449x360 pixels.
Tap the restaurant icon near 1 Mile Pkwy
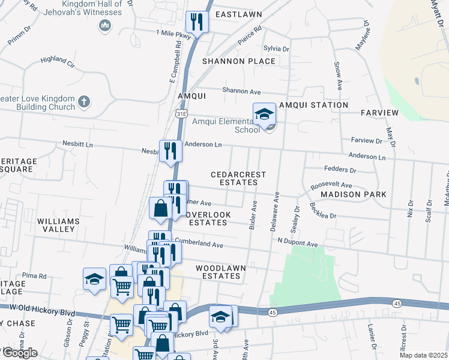coord(196,23)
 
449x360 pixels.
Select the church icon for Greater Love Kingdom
coord(84,102)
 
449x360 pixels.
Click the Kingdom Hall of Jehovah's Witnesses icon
coord(106,25)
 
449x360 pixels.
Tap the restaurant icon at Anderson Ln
coord(170,150)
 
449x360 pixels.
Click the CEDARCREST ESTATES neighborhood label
coord(238,178)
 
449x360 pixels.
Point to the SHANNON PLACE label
coord(239,61)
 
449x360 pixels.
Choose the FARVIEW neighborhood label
coord(379,113)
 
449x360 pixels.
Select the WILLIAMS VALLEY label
coord(58,226)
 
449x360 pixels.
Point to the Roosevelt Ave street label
coord(331,186)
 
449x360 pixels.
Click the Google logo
coord(20,353)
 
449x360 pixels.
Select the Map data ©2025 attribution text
coord(423,355)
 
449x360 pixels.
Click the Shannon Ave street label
coord(241,91)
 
